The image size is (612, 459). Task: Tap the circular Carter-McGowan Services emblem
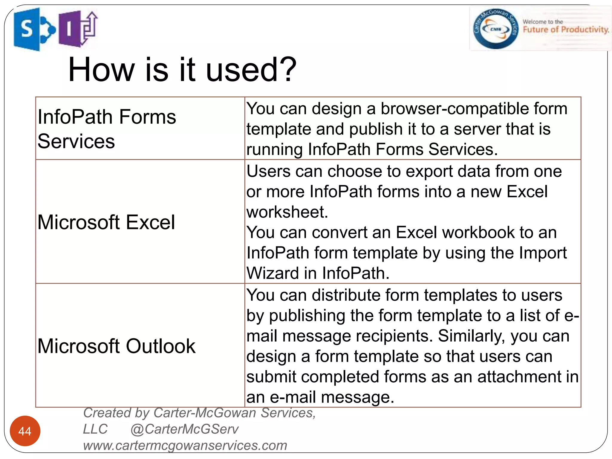pyautogui.click(x=496, y=29)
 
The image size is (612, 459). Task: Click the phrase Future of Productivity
pyautogui.click(x=566, y=30)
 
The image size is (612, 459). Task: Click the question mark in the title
pyautogui.click(x=289, y=70)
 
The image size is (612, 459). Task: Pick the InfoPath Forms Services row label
pyautogui.click(x=106, y=128)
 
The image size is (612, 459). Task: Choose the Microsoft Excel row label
pyautogui.click(x=106, y=222)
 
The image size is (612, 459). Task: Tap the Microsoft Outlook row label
pyautogui.click(x=116, y=346)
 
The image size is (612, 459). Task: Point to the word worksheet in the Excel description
pyautogui.click(x=287, y=212)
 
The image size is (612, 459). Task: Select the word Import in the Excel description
pyautogui.click(x=542, y=253)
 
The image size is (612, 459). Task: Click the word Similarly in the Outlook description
pyautogui.click(x=472, y=336)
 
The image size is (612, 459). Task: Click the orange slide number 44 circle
pyautogui.click(x=25, y=431)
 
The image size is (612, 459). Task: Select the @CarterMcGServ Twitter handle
pyautogui.click(x=184, y=429)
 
